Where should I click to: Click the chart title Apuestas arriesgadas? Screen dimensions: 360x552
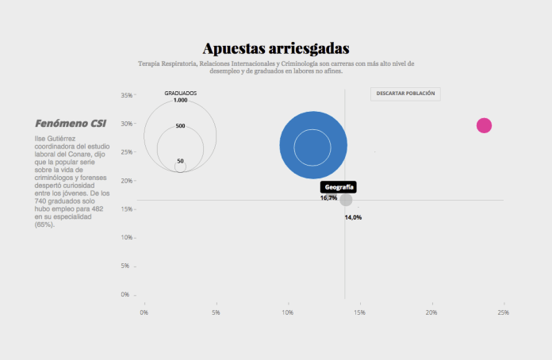[x=275, y=49]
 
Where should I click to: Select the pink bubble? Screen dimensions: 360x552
[x=484, y=125]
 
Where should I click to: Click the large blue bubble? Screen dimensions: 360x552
[x=313, y=145]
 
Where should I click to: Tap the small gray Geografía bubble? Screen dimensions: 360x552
[x=346, y=199]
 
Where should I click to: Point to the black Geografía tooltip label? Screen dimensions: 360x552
[x=339, y=187]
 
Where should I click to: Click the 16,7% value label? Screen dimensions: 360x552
[x=328, y=198]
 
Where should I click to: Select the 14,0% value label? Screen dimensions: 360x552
[x=353, y=217]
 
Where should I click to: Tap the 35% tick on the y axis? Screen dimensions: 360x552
[x=125, y=95]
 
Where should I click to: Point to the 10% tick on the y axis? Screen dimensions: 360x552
[x=125, y=238]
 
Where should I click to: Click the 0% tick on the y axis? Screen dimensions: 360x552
[x=125, y=295]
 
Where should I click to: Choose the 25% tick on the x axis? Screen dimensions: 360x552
[x=503, y=312]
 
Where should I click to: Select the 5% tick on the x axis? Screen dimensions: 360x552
[x=216, y=312]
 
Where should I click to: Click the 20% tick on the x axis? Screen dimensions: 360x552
[x=431, y=312]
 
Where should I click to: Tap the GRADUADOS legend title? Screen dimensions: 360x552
[x=181, y=94]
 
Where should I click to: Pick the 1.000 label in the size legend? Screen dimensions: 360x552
[x=181, y=101]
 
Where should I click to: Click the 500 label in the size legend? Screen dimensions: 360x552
[x=181, y=126]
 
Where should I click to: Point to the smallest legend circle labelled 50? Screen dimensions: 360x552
[x=181, y=167]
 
